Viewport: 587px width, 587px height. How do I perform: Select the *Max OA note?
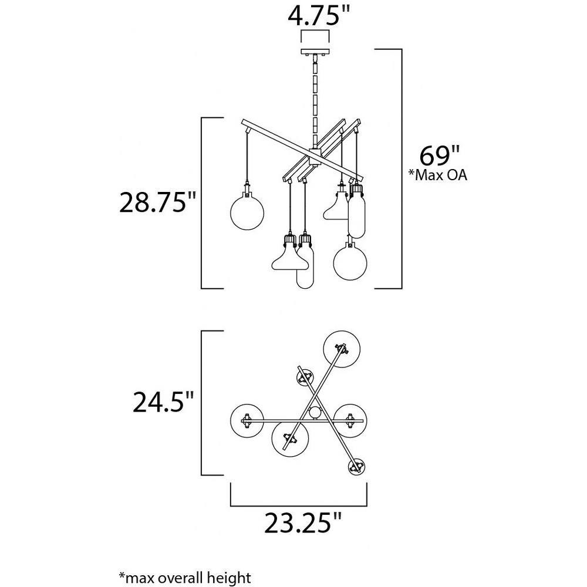(x=438, y=175)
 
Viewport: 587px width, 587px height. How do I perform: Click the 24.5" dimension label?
(x=164, y=402)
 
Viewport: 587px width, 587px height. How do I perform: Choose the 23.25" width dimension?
(x=303, y=523)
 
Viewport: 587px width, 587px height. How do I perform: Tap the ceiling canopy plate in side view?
(x=315, y=52)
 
